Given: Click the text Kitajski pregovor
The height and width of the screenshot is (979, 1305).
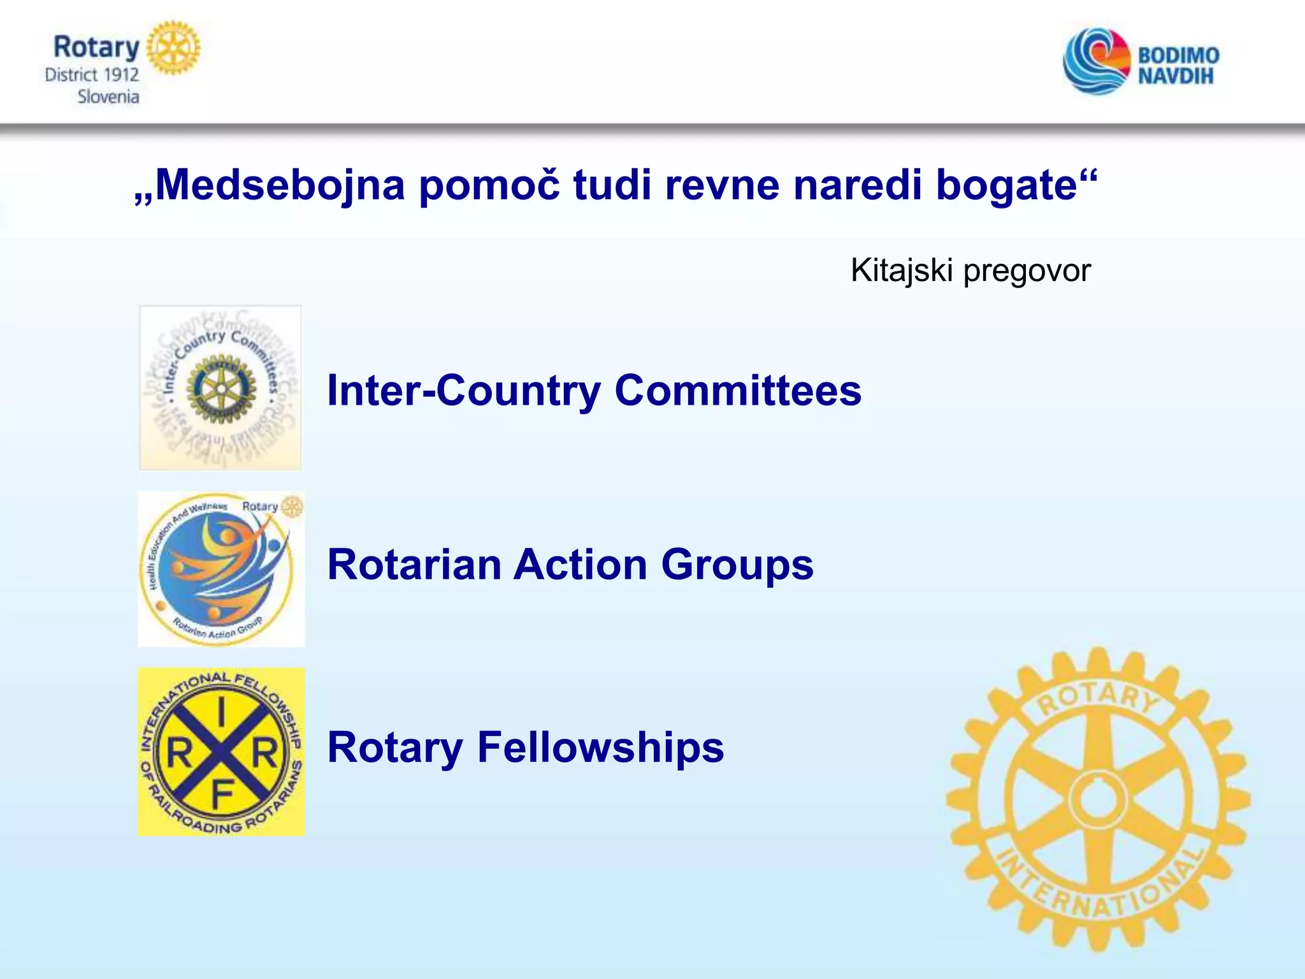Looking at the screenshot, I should [x=970, y=270].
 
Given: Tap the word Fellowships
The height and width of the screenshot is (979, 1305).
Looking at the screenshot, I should [x=600, y=747].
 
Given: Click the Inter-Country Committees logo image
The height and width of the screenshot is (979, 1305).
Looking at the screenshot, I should [x=220, y=388].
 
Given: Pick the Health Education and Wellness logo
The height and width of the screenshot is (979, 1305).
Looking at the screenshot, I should [x=220, y=569].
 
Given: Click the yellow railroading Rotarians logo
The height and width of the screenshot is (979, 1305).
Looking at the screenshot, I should [x=220, y=752].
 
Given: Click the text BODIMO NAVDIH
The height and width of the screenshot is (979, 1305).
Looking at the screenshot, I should [x=1178, y=65].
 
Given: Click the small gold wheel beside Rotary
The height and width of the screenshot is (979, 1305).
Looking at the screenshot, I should [x=173, y=48].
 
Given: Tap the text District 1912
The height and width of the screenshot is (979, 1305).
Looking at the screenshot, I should [x=92, y=75].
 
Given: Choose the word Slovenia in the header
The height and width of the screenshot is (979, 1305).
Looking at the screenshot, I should [x=108, y=97].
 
